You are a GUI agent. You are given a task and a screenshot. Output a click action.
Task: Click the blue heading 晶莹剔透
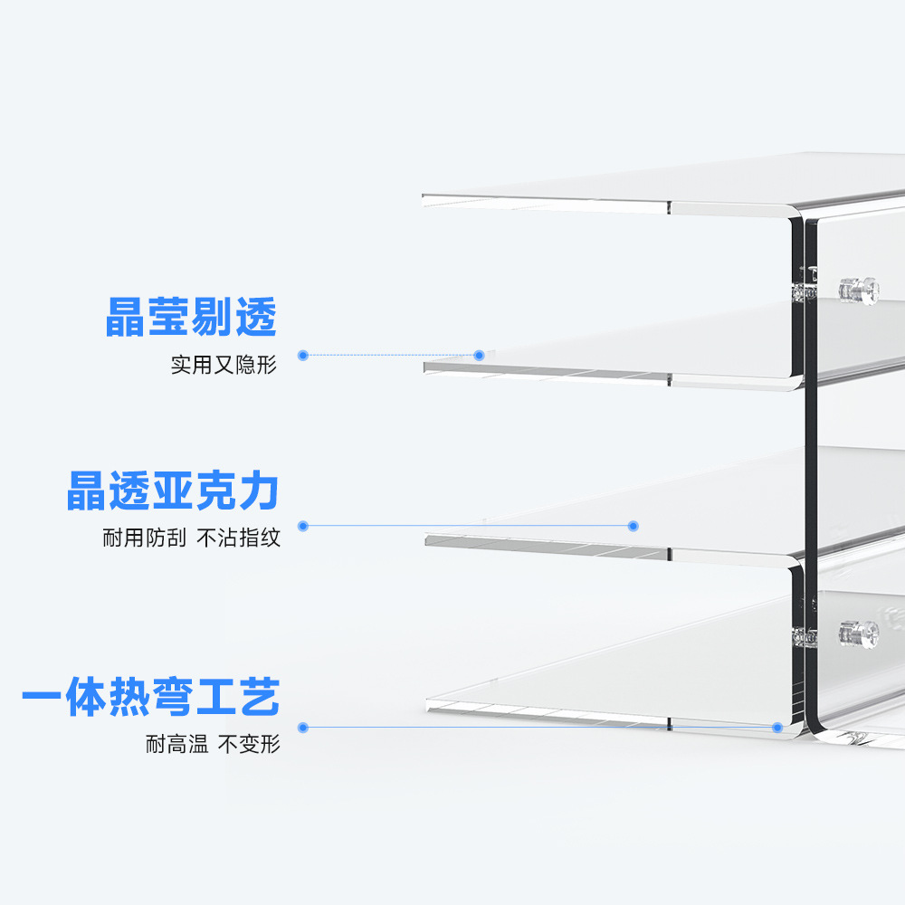pos(191,318)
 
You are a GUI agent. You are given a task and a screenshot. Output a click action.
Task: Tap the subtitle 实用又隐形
pos(224,365)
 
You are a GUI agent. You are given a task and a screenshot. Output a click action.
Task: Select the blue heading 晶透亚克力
pos(172,491)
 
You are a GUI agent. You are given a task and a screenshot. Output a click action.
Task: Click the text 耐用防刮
pos(144,538)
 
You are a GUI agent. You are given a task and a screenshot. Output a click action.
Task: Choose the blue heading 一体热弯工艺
pos(151,698)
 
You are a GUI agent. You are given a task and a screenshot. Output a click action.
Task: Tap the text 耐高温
pos(177,745)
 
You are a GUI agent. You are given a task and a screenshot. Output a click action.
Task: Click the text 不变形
pos(249,745)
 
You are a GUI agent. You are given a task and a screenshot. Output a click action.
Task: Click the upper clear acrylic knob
pos(858,290)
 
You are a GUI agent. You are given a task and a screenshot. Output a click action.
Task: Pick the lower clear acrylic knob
pos(858,633)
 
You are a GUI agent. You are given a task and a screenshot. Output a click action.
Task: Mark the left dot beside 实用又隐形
pos(303,356)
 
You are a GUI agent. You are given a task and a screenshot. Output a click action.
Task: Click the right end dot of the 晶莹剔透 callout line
pos(480,356)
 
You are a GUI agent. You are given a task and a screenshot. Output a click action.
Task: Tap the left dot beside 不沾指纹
pos(303,526)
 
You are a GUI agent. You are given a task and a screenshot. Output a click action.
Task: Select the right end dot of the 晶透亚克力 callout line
pos(633,526)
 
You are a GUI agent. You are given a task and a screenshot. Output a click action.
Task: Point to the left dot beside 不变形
pos(303,727)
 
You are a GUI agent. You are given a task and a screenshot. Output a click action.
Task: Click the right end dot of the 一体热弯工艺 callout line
pos(776,727)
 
